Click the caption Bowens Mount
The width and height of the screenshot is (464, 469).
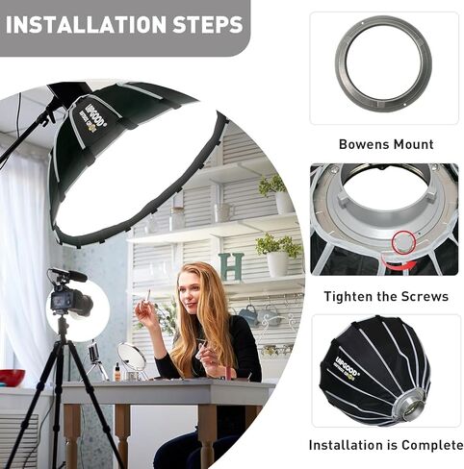[386, 145]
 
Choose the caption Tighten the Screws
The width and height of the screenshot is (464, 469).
[386, 296]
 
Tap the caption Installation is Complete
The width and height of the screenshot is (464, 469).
[386, 445]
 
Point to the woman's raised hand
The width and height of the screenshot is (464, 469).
[146, 312]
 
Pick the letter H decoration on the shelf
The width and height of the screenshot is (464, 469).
[231, 266]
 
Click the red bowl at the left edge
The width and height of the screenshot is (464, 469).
[11, 377]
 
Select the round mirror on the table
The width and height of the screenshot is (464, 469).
[131, 358]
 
